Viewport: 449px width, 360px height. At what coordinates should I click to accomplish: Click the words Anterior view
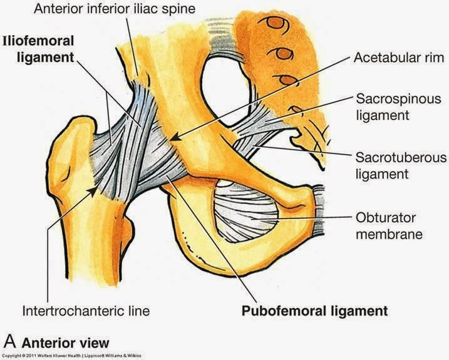[65, 342]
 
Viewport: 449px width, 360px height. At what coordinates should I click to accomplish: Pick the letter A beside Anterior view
[9, 342]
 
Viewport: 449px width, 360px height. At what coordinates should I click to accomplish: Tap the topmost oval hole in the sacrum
[276, 24]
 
